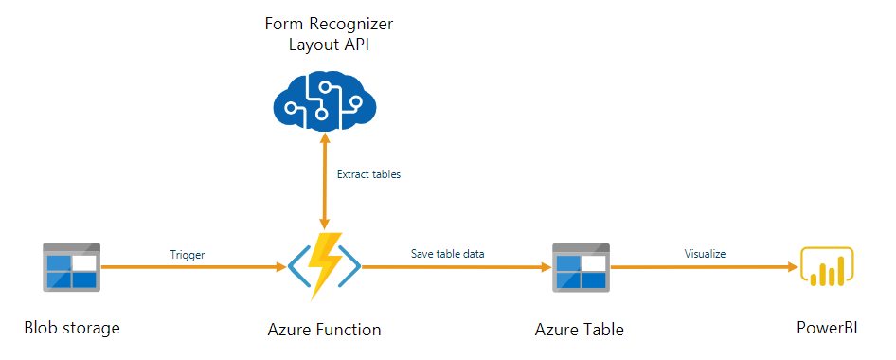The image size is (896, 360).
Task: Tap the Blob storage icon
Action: point(71,267)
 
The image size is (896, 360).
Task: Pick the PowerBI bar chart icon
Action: point(827,267)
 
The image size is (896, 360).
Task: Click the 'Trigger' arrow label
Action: point(188,254)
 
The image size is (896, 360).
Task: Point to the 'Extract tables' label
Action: point(368,174)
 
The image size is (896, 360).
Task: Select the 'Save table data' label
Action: point(449,254)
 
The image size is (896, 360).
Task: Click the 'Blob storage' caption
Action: point(72,329)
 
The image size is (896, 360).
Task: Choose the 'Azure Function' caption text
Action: point(324,330)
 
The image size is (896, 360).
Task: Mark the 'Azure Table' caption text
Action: point(579,330)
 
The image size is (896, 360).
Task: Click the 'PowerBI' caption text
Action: point(827,329)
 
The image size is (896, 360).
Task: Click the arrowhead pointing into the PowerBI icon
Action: point(792,268)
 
